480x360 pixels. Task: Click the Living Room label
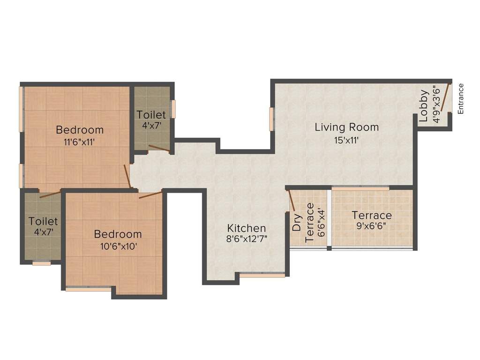pos(346,127)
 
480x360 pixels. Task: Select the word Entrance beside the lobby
pos(461,98)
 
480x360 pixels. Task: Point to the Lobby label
pos(424,105)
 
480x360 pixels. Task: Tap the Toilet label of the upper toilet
pos(151,115)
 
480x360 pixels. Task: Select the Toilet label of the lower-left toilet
pos(43,221)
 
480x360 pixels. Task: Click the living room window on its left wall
pos(271,119)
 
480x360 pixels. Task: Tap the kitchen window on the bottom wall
pos(262,276)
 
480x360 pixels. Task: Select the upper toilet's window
pos(173,109)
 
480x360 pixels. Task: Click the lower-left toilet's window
pos(41,263)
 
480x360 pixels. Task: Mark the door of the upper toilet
pos(159,149)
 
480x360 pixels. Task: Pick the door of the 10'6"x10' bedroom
pos(150,195)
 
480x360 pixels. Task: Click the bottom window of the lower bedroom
pos(88,289)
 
